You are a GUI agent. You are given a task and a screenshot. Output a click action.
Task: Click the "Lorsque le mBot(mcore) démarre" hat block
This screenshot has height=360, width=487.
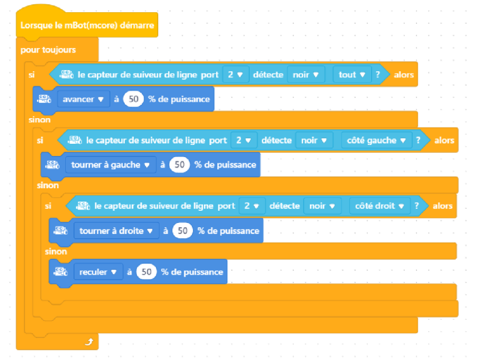click(x=88, y=26)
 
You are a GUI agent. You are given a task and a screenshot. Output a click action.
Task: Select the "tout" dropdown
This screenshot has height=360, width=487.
click(x=352, y=75)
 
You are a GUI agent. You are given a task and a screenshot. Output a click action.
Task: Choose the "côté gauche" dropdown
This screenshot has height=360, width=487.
click(x=376, y=141)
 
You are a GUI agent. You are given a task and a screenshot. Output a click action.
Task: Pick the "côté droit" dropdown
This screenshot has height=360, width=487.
click(x=380, y=206)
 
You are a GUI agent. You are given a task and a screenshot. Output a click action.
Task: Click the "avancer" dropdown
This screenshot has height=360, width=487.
click(x=83, y=99)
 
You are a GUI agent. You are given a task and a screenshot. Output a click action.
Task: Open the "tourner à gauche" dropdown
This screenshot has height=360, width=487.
click(x=110, y=164)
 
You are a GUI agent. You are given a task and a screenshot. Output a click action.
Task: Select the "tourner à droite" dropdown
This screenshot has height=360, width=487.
click(x=115, y=231)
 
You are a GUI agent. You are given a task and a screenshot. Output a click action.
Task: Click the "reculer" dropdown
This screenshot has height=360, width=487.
click(x=97, y=272)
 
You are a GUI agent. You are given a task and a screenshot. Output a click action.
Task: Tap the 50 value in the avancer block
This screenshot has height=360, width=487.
click(x=133, y=99)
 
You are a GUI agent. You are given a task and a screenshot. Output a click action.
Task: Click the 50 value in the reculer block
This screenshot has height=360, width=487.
click(x=146, y=272)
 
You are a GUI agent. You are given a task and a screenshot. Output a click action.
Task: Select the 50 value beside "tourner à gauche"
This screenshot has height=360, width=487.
click(x=180, y=164)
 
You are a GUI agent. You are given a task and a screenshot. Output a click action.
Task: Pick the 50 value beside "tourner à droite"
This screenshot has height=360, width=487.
click(x=183, y=231)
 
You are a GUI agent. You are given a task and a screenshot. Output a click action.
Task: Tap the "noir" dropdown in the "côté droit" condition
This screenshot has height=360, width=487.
click(x=321, y=206)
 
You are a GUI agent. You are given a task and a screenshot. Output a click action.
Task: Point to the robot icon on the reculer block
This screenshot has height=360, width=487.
click(x=60, y=272)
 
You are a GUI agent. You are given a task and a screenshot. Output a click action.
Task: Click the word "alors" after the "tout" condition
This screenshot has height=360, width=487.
click(x=404, y=75)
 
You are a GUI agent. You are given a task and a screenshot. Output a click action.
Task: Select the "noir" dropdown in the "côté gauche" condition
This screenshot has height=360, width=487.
click(x=314, y=141)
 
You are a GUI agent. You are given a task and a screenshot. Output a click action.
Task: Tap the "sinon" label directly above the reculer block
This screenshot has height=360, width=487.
click(x=56, y=251)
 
